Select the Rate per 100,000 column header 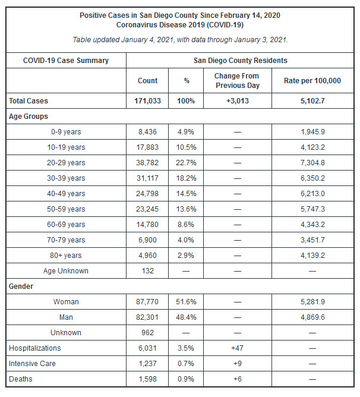click(313, 81)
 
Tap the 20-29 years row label click(68, 163)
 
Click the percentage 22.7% click(186, 163)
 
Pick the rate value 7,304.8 click(313, 163)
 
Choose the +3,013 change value click(237, 101)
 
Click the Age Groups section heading click(29, 116)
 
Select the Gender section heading click(21, 286)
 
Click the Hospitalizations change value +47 click(237, 348)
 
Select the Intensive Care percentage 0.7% click(186, 364)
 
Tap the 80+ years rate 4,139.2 click(313, 256)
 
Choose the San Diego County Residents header click(241, 61)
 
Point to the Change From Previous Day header click(237, 81)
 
